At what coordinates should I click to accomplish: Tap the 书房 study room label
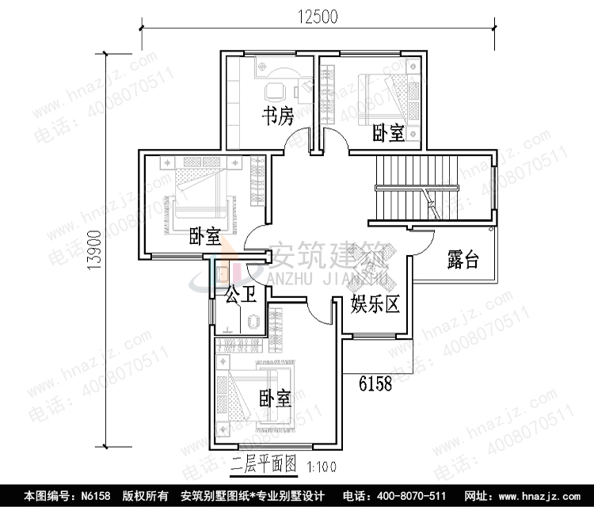[x=278, y=117]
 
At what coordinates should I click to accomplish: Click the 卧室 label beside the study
[x=388, y=133]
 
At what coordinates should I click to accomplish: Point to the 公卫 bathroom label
[x=241, y=296]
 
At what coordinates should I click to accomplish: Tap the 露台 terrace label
[x=463, y=259]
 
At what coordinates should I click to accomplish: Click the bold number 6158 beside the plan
[x=375, y=384]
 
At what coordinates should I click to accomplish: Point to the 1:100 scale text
[x=320, y=467]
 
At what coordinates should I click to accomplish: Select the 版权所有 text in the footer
[x=145, y=496]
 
